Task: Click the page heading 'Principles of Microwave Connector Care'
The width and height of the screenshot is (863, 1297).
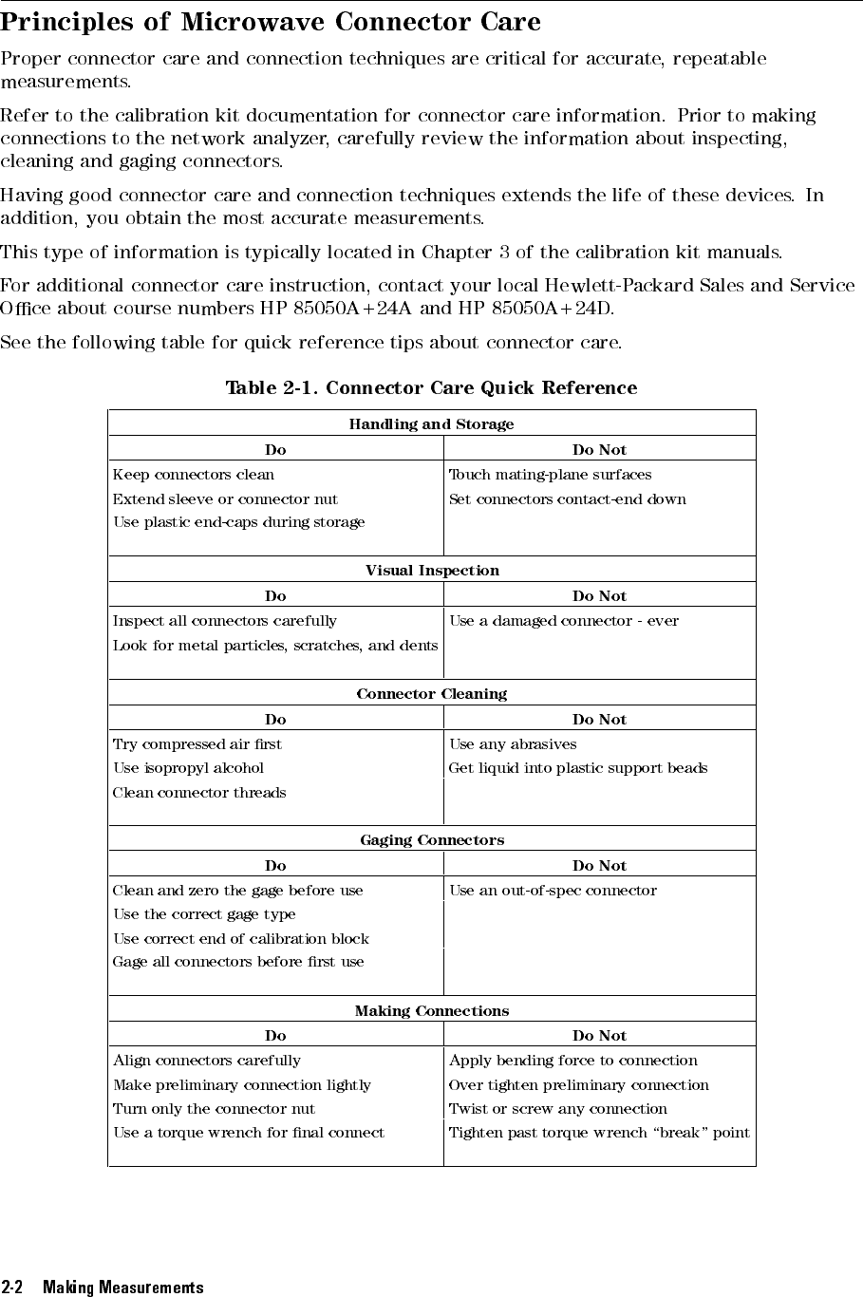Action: click(271, 22)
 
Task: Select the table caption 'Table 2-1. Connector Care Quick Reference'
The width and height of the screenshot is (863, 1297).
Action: click(431, 387)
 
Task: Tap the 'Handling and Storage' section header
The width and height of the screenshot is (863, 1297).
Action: click(431, 424)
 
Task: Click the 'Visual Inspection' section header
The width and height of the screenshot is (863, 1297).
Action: click(432, 571)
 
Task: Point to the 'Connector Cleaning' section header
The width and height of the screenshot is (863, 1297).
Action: click(432, 694)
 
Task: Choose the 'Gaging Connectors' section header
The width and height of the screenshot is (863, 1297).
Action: click(432, 840)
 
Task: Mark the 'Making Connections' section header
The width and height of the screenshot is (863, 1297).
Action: click(432, 1011)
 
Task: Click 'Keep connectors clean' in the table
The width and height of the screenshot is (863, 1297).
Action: click(194, 475)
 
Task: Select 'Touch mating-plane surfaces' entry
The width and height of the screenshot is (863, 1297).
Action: click(550, 475)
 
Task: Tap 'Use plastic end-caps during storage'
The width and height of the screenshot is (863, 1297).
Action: click(238, 522)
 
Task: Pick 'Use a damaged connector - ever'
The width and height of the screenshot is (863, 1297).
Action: click(564, 621)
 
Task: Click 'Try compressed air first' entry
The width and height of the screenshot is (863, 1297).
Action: click(197, 744)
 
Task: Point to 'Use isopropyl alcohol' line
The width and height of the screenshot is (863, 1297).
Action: click(188, 768)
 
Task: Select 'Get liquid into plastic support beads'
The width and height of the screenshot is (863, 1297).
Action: click(577, 768)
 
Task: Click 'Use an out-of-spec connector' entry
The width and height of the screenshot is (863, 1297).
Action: click(553, 891)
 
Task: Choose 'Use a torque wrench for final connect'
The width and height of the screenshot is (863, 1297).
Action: click(249, 1133)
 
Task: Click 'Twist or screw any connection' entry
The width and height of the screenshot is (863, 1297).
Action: click(557, 1109)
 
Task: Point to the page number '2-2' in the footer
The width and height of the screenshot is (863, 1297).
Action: click(11, 1288)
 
